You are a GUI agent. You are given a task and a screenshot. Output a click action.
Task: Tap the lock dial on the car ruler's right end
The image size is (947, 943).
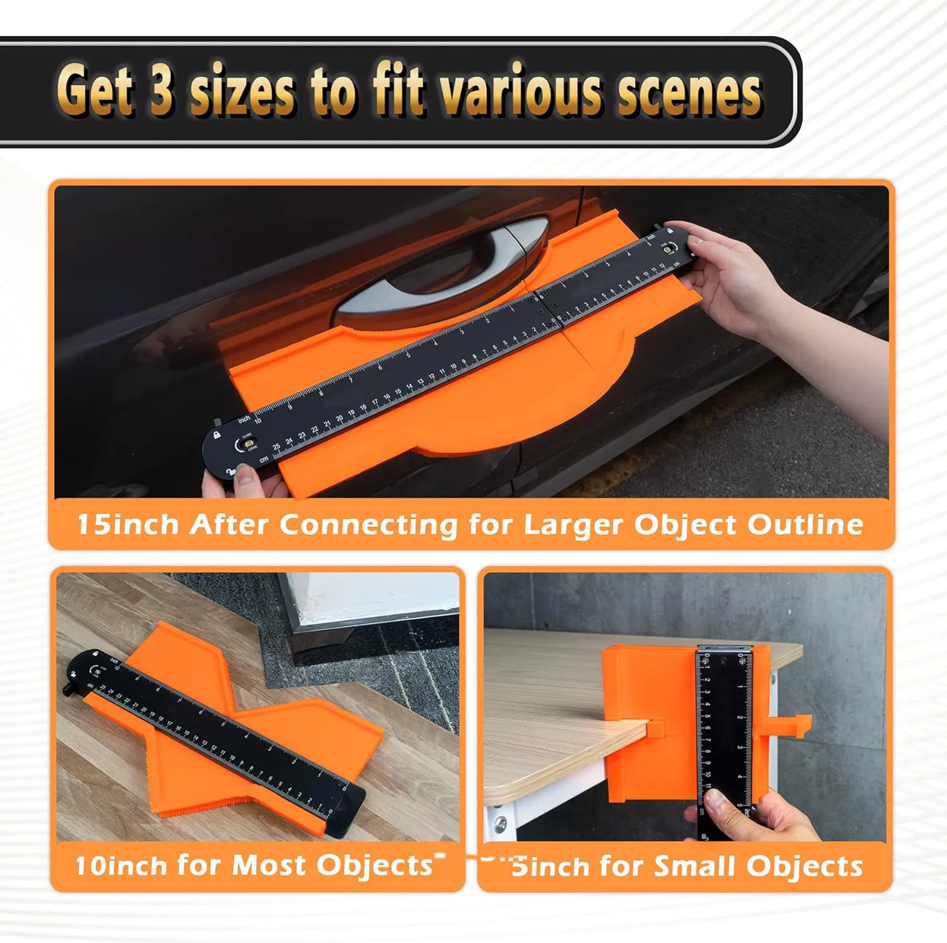tap(665, 249)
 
